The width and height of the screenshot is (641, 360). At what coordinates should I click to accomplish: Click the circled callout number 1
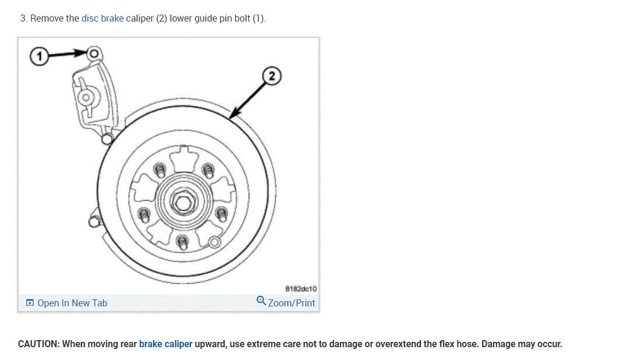tap(39, 56)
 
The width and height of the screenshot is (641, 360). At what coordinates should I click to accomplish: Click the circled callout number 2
tap(272, 76)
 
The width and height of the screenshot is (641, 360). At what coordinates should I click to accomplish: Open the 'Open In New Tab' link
tap(72, 303)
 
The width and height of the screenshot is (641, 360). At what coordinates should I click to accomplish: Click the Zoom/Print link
tap(291, 303)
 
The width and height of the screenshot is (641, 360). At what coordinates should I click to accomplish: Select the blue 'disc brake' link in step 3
tap(102, 18)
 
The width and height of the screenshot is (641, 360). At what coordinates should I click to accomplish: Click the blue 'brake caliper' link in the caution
tap(165, 344)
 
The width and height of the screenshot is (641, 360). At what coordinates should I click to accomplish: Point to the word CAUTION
tap(38, 344)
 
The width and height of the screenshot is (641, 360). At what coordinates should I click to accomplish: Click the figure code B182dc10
tap(301, 288)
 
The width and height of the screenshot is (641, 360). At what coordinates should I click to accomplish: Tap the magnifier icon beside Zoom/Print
tap(261, 301)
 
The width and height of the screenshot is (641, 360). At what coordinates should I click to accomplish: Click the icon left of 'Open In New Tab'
tap(30, 303)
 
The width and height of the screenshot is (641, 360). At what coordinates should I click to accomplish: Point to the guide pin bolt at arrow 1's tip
tap(94, 53)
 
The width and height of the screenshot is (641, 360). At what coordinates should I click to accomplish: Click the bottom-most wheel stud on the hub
tap(182, 241)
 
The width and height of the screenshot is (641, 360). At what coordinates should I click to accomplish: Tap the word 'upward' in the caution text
tap(211, 344)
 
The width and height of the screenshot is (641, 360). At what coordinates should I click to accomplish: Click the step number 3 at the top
tap(23, 18)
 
